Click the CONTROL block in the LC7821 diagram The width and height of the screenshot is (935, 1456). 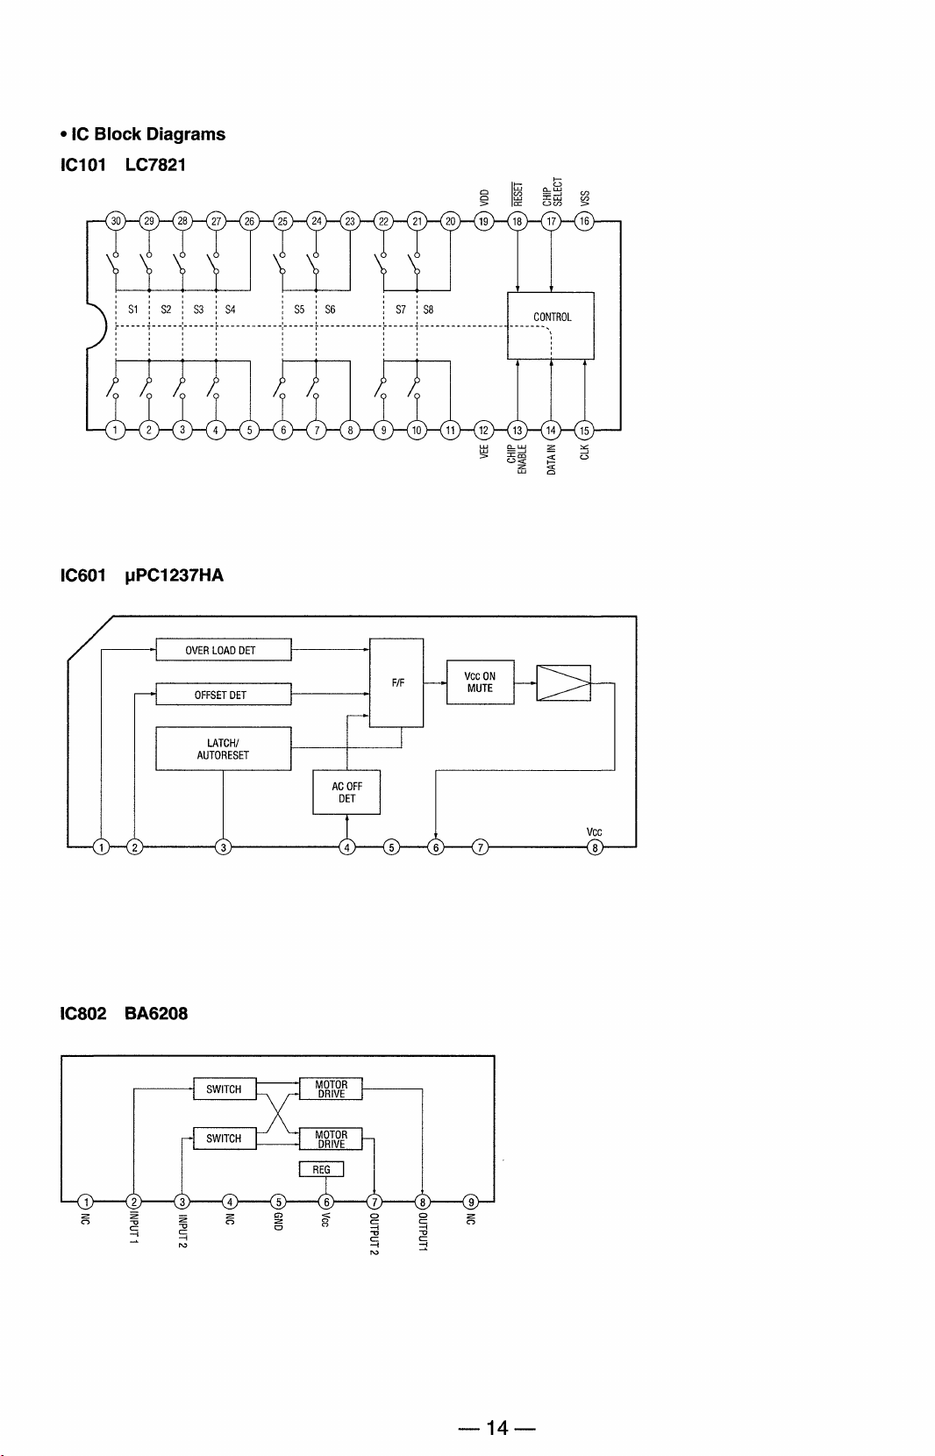(550, 325)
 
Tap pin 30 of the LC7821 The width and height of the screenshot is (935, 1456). (116, 221)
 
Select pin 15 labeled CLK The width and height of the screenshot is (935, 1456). (584, 430)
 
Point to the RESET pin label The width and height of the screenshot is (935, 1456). (517, 194)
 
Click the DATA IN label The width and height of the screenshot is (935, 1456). (552, 460)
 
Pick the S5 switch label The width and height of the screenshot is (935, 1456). (299, 310)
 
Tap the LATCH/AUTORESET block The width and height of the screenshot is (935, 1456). (223, 749)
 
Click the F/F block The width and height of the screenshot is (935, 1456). (396, 682)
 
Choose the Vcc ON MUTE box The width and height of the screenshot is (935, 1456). (481, 682)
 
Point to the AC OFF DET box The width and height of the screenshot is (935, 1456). (346, 792)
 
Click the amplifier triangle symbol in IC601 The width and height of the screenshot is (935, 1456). (564, 683)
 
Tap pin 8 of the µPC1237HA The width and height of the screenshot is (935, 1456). (595, 847)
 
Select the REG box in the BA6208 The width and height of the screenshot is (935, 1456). (321, 1169)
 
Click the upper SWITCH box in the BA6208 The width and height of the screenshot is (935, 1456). (225, 1088)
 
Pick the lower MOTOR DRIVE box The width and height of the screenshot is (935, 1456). (331, 1138)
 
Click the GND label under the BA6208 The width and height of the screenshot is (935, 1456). (278, 1221)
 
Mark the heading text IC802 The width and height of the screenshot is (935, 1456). (83, 1013)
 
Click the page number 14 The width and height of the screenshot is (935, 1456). (497, 1427)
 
